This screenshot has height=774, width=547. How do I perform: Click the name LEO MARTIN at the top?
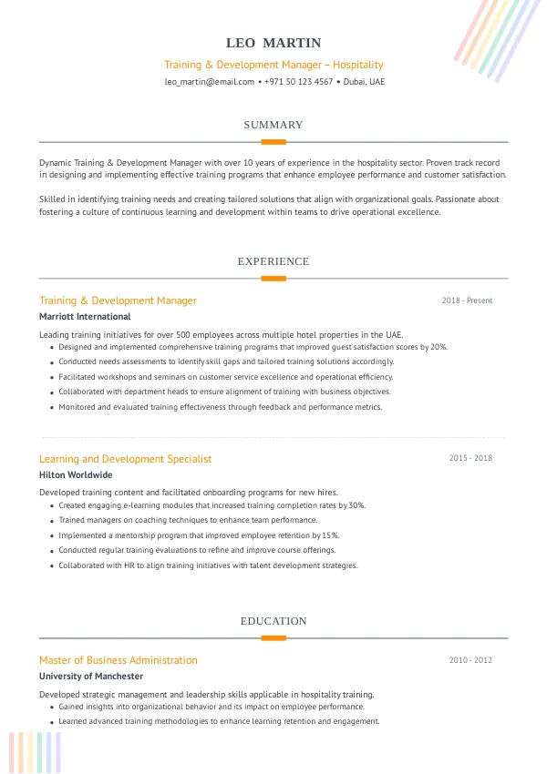pyautogui.click(x=273, y=43)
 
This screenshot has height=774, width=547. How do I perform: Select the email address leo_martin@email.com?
pyautogui.click(x=209, y=82)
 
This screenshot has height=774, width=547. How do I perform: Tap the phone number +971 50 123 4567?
pyautogui.click(x=298, y=82)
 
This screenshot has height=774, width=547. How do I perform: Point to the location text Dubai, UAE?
pyautogui.click(x=364, y=82)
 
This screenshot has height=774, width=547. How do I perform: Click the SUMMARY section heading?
pyautogui.click(x=273, y=125)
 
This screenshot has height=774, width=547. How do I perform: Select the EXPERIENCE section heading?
pyautogui.click(x=273, y=261)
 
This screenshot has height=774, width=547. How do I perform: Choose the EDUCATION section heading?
pyautogui.click(x=273, y=621)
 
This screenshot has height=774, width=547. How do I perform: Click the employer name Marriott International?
pyautogui.click(x=85, y=317)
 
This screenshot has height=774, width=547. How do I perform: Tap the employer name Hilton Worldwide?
pyautogui.click(x=76, y=475)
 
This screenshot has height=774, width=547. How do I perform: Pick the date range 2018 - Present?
pyautogui.click(x=467, y=300)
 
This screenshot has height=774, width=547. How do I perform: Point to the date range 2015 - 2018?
pyautogui.click(x=470, y=458)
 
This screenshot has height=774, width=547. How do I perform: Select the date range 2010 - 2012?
pyautogui.click(x=470, y=660)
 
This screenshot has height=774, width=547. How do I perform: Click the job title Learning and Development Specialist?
pyautogui.click(x=125, y=459)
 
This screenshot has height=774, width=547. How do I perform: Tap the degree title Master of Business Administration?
pyautogui.click(x=118, y=660)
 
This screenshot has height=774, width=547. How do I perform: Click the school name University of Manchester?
pyautogui.click(x=91, y=677)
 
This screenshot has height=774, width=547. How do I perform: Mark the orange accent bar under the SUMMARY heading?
pyautogui.click(x=273, y=142)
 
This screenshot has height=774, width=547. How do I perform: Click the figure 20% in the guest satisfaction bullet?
pyautogui.click(x=439, y=347)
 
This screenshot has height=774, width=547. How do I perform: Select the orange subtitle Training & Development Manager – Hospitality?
pyautogui.click(x=273, y=65)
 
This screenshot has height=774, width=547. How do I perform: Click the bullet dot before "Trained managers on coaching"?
pyautogui.click(x=51, y=521)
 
